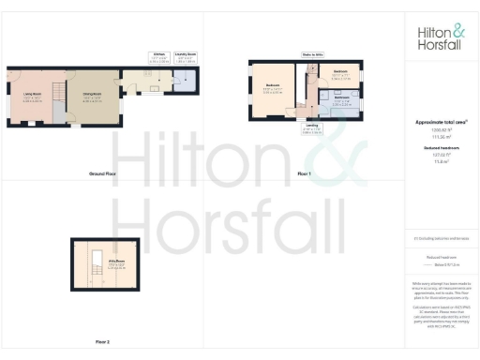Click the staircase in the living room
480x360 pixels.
click(x=55, y=91)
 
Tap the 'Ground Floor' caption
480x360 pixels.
click(x=102, y=174)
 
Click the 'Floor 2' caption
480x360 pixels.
click(x=102, y=341)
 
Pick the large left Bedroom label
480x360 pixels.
click(x=273, y=88)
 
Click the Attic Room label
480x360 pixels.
click(x=116, y=266)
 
